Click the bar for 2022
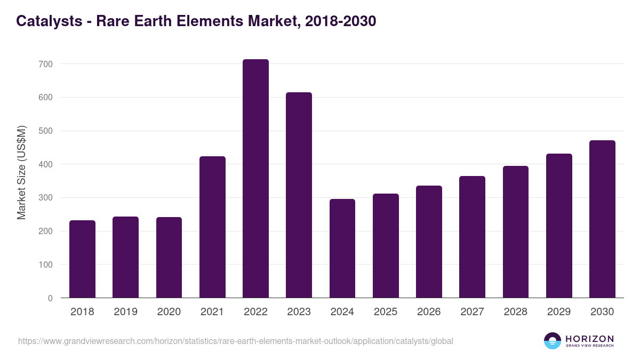click(x=255, y=179)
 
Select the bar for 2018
click(x=82, y=259)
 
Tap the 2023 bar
click(x=299, y=195)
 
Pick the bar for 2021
click(x=212, y=227)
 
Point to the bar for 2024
click(x=342, y=249)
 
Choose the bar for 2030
click(x=602, y=219)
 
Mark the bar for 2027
click(x=472, y=237)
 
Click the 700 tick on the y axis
click(x=46, y=64)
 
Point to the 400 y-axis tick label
click(x=46, y=164)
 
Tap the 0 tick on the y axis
click(x=50, y=298)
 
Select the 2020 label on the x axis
click(x=169, y=312)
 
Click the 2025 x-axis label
click(x=386, y=312)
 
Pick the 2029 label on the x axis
click(x=559, y=312)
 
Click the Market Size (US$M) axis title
click(x=21, y=172)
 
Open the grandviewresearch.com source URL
click(x=235, y=341)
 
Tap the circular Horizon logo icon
click(x=553, y=341)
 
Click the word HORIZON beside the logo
click(x=589, y=339)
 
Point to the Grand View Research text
click(x=589, y=346)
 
